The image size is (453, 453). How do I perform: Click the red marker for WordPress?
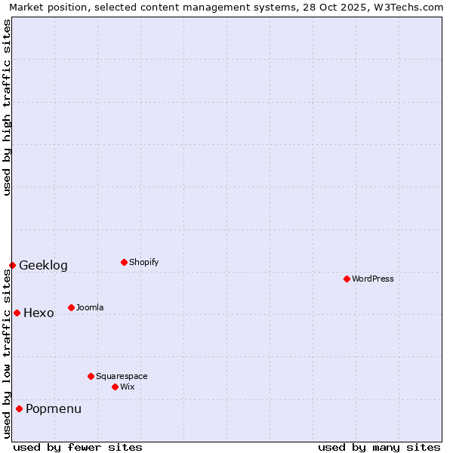(x=347, y=279)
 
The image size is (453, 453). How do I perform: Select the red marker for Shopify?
(x=124, y=262)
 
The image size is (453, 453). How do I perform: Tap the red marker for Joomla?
(x=71, y=307)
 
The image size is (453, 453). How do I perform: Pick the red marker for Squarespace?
(x=91, y=376)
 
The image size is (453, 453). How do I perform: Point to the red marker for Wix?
(x=115, y=387)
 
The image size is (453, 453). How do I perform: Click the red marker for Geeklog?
(x=12, y=265)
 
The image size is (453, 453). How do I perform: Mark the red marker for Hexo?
(x=17, y=313)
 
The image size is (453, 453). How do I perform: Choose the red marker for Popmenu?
(x=19, y=408)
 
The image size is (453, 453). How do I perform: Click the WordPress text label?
(x=373, y=279)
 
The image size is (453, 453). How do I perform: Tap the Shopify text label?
(x=144, y=262)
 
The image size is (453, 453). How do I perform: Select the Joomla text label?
(x=90, y=307)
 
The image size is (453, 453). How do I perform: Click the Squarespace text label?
(x=122, y=376)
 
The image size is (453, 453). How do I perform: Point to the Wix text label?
(x=128, y=387)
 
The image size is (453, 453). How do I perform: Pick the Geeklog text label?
(x=43, y=265)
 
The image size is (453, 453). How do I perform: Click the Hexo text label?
(x=39, y=313)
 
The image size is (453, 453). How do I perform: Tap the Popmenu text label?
(x=54, y=408)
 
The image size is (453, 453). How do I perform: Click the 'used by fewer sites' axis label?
(x=78, y=447)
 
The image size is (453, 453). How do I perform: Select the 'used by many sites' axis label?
(x=379, y=447)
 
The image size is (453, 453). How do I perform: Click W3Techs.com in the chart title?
(x=411, y=7)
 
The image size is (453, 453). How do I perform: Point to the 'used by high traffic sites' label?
(x=7, y=107)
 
